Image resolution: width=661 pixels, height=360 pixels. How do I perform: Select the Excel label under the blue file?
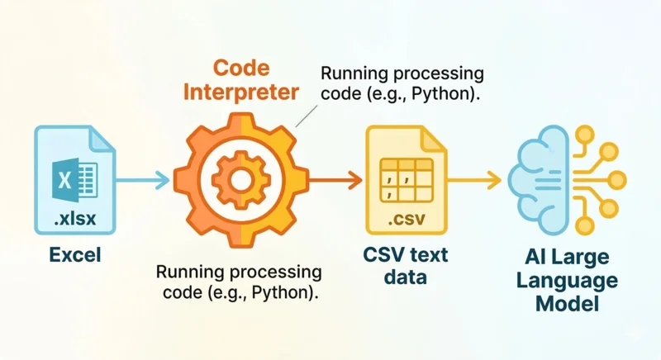coord(74,255)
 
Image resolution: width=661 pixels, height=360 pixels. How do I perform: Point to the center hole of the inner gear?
coord(240,178)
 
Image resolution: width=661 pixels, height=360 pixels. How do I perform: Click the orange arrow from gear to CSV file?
coord(335,178)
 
